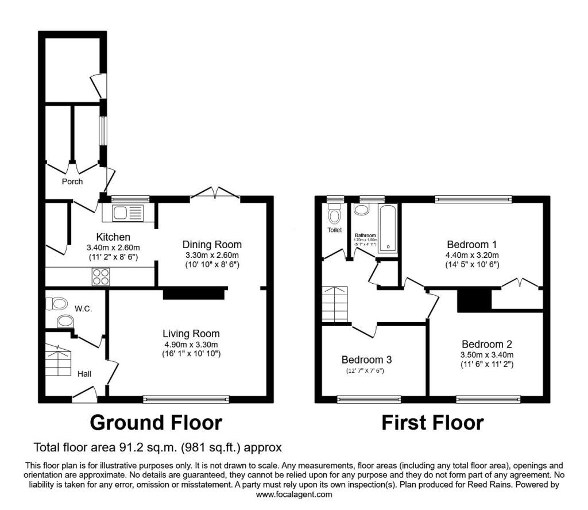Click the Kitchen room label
(113, 237)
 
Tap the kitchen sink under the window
(126, 213)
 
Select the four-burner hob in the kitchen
(100, 277)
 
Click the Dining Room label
(212, 245)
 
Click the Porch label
(72, 181)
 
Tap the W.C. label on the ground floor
(83, 309)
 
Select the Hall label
(84, 374)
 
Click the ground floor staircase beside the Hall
(57, 359)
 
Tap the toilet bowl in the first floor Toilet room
(334, 215)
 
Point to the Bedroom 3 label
(366, 360)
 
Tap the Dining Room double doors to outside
(215, 194)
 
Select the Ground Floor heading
(156, 423)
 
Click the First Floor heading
(432, 423)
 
